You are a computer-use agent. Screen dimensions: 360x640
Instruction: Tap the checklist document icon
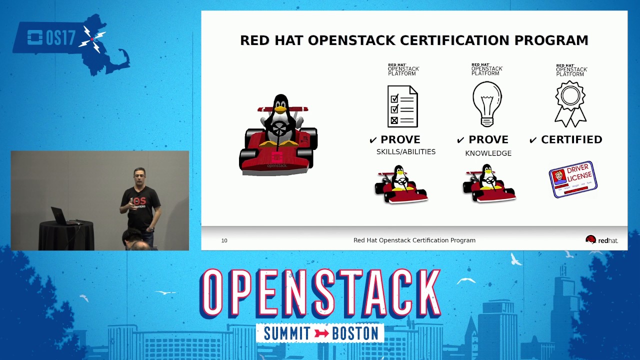(402, 106)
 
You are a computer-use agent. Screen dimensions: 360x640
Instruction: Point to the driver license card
(573, 179)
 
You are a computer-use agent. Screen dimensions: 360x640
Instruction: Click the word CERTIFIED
(571, 140)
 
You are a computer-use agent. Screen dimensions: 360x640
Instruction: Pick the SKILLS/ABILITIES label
(405, 152)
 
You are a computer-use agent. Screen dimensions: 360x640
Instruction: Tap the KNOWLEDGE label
(488, 153)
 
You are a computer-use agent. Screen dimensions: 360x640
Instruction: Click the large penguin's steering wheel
(279, 129)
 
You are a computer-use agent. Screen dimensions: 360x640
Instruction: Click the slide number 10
(224, 240)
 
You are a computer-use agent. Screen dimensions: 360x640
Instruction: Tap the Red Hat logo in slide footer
(601, 240)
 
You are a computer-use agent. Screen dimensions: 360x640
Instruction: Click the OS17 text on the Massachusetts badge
(60, 38)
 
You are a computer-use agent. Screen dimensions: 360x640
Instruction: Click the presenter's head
(139, 176)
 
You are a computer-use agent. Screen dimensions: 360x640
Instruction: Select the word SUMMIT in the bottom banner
(287, 333)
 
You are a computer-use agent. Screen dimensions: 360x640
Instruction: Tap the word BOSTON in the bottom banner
(354, 333)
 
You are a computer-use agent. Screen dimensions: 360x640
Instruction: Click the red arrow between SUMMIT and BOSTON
(321, 333)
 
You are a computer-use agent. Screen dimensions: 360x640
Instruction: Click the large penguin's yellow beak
(281, 108)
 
